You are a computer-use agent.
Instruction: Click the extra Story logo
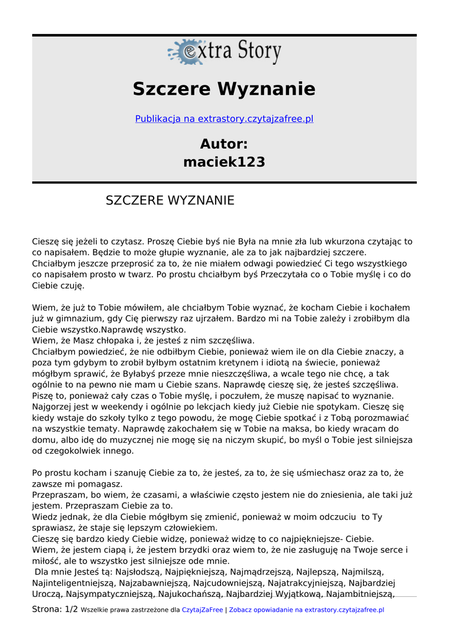click(224, 52)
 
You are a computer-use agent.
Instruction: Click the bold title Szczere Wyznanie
click(224, 89)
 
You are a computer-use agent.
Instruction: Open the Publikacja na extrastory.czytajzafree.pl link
click(224, 119)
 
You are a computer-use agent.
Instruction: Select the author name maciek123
click(224, 162)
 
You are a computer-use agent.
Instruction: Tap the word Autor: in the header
click(224, 144)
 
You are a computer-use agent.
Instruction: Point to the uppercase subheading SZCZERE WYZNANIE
click(170, 201)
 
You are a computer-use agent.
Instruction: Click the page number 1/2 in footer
click(72, 609)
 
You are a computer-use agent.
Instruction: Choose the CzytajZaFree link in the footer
click(203, 610)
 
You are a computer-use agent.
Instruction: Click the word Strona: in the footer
click(47, 609)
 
